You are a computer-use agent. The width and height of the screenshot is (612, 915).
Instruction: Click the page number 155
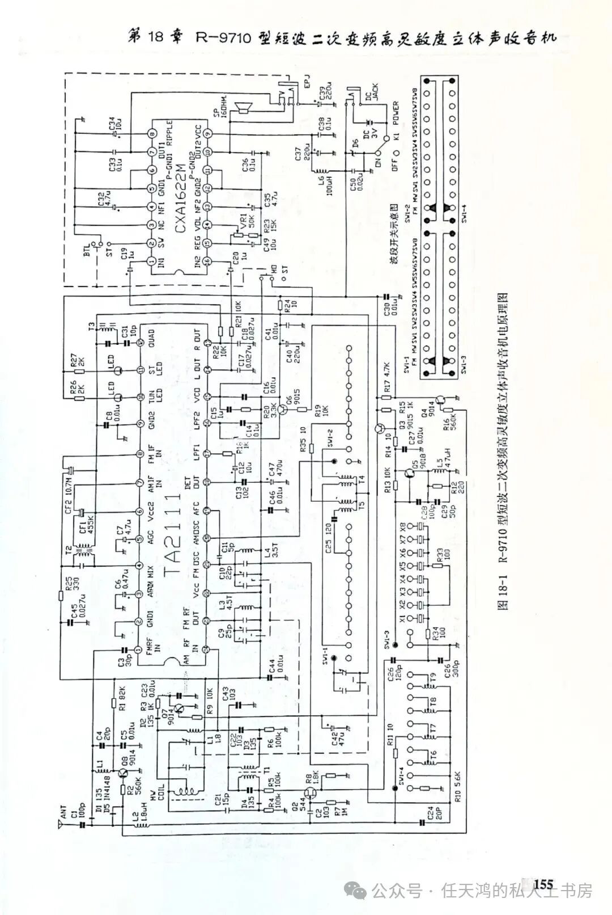tap(542, 883)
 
